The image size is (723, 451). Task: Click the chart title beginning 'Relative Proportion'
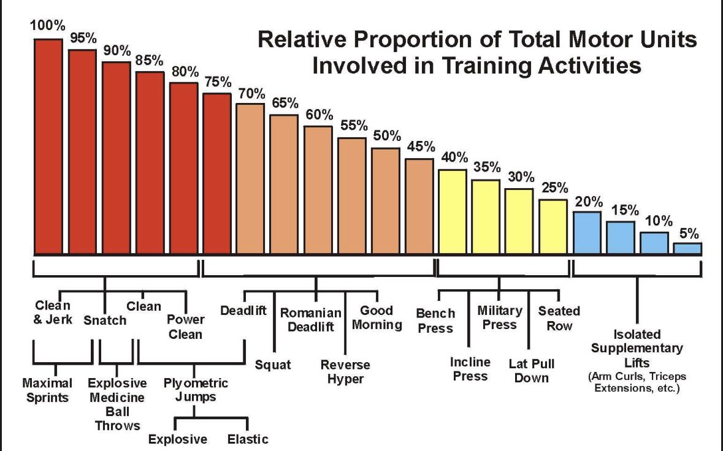pos(477,52)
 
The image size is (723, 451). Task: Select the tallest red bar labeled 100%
pos(48,147)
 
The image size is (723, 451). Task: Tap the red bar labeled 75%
pos(217,174)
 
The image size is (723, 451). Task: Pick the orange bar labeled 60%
pos(318,190)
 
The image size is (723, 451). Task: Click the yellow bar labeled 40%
pos(453,212)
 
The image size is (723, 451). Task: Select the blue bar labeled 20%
pos(587,233)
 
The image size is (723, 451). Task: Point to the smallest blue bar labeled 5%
pos(687,249)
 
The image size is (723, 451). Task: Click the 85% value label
pos(150,61)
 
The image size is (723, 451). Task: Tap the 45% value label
pos(421,148)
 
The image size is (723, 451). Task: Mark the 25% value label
pos(555,188)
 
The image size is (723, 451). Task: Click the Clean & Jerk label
pos(53,312)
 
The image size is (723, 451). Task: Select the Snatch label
pos(105,320)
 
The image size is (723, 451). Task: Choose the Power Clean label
pos(185,327)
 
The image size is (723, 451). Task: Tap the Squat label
pos(273,365)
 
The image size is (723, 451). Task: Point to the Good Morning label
pos(377,317)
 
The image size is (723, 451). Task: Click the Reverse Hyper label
pos(345,372)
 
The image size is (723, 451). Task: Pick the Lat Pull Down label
pos(532,370)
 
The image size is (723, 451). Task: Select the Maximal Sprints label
pos(47,390)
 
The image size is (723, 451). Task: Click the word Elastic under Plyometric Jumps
pos(248,439)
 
